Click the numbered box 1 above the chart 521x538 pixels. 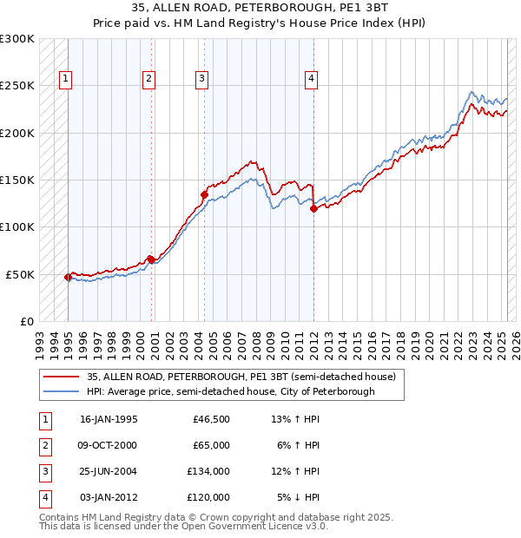pos(65,79)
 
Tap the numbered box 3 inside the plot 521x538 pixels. pos(201,79)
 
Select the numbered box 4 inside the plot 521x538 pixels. pos(310,79)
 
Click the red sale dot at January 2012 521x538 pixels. pos(313,208)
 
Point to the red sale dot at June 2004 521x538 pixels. pos(205,194)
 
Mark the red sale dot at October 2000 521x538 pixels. pos(151,259)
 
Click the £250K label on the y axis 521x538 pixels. pos(17,86)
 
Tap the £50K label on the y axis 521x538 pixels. pos(20,274)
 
